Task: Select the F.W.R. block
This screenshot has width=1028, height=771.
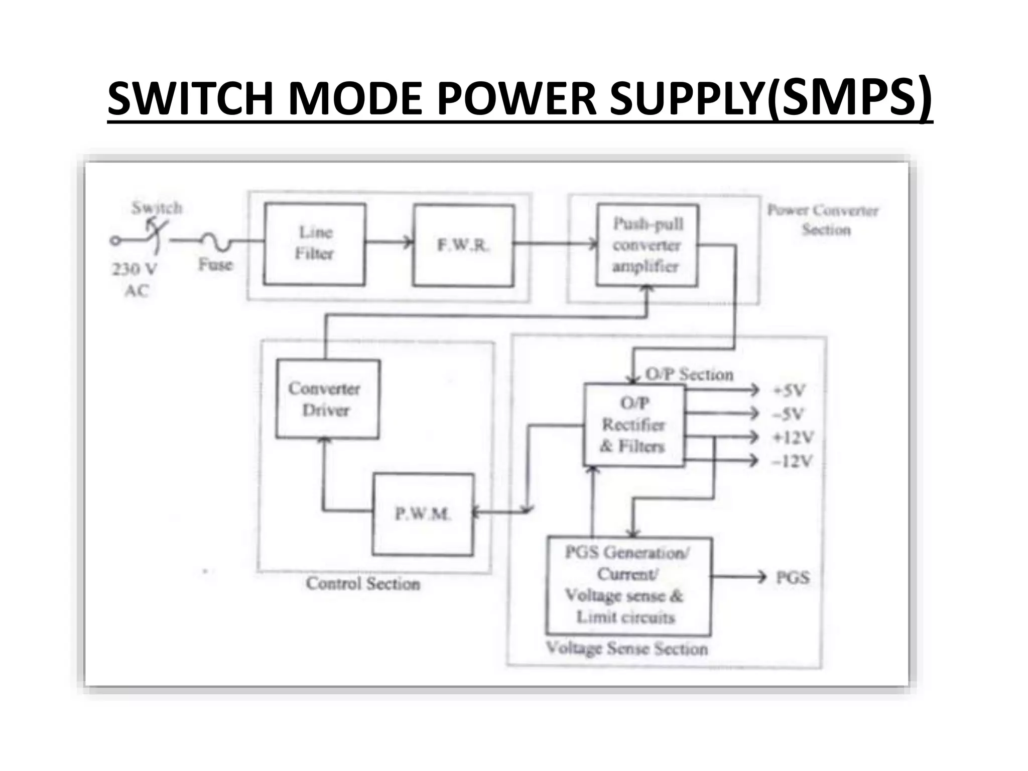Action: (x=463, y=245)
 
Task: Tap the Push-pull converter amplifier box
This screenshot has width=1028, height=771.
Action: (x=647, y=245)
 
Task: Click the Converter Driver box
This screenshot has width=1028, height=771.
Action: (x=327, y=399)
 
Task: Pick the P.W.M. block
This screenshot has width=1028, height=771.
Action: (x=423, y=514)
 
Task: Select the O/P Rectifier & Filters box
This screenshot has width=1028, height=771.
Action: (x=634, y=425)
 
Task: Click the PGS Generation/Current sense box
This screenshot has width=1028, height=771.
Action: (x=627, y=585)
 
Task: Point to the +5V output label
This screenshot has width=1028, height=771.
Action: (x=790, y=390)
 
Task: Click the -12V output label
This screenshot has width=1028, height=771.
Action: (x=792, y=461)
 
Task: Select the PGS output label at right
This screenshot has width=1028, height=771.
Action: (x=793, y=577)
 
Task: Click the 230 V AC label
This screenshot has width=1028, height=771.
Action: (x=135, y=279)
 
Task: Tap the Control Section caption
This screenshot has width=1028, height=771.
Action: (x=363, y=583)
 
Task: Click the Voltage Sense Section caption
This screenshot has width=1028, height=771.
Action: (x=627, y=648)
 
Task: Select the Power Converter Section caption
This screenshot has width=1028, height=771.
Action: (x=823, y=219)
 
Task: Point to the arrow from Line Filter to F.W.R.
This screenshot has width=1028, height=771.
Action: (x=389, y=242)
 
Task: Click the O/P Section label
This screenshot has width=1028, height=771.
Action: (x=689, y=374)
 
